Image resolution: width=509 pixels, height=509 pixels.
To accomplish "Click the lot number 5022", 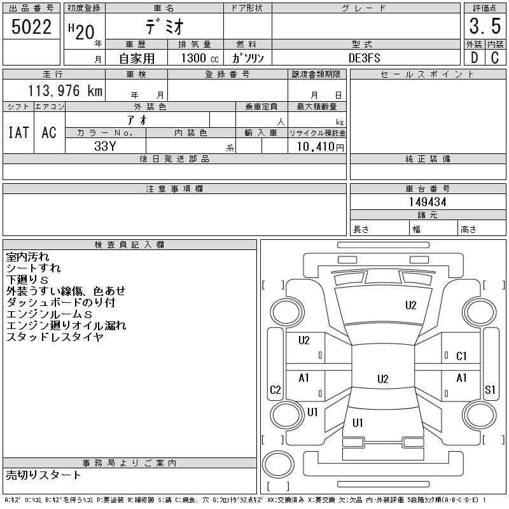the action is (31, 26).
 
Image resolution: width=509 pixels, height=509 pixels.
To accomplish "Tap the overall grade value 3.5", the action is (485, 26).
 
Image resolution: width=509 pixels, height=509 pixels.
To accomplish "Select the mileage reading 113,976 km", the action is (65, 90).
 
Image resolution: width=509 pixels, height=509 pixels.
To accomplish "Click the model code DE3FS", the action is (364, 58).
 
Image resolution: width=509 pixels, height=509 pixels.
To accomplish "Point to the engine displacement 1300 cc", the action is (200, 58).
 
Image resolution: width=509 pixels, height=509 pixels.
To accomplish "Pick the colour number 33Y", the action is (105, 146).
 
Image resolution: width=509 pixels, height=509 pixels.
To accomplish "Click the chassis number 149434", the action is (428, 202).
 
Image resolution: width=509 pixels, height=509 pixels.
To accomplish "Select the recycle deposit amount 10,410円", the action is (321, 146).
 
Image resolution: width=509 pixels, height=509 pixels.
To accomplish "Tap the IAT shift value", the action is (18, 132).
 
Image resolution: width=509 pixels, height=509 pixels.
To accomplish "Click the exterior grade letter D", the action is (474, 58).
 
